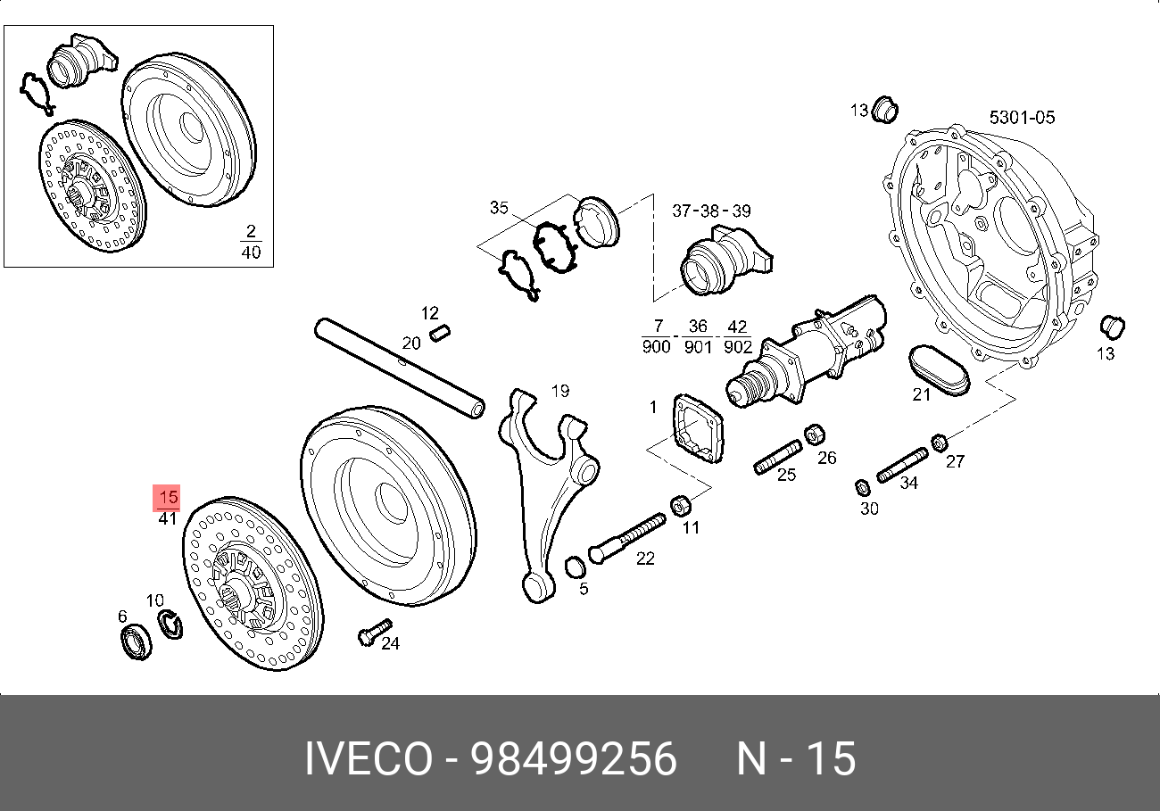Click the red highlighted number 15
(168, 498)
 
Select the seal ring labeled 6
(136, 643)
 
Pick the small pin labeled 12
(439, 334)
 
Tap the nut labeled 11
(679, 506)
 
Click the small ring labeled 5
(576, 567)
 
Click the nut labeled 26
(813, 435)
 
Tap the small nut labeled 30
(863, 487)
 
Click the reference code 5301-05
(1022, 117)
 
